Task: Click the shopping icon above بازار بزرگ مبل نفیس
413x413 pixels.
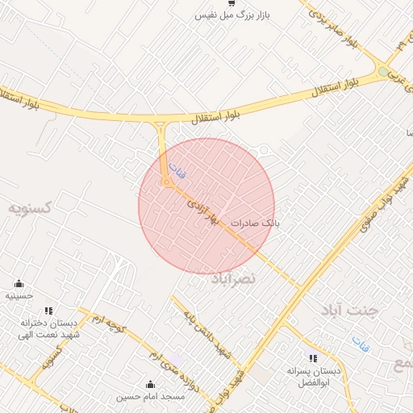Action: (x=232, y=4)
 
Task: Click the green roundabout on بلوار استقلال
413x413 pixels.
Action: (x=383, y=71)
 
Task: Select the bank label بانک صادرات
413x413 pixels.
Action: (x=254, y=222)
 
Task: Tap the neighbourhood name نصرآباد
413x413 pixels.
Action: (x=233, y=278)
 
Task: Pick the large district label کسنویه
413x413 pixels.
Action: (x=30, y=208)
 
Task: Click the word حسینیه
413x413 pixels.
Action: (x=19, y=296)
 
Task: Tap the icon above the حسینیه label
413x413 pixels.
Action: (x=19, y=284)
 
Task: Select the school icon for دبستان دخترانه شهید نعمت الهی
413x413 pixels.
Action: (x=48, y=311)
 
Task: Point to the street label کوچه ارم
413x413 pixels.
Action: (x=108, y=325)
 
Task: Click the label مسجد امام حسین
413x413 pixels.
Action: (x=150, y=396)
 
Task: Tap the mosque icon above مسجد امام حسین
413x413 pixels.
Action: (x=150, y=385)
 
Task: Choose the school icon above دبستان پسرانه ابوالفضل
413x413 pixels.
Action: (x=313, y=358)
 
